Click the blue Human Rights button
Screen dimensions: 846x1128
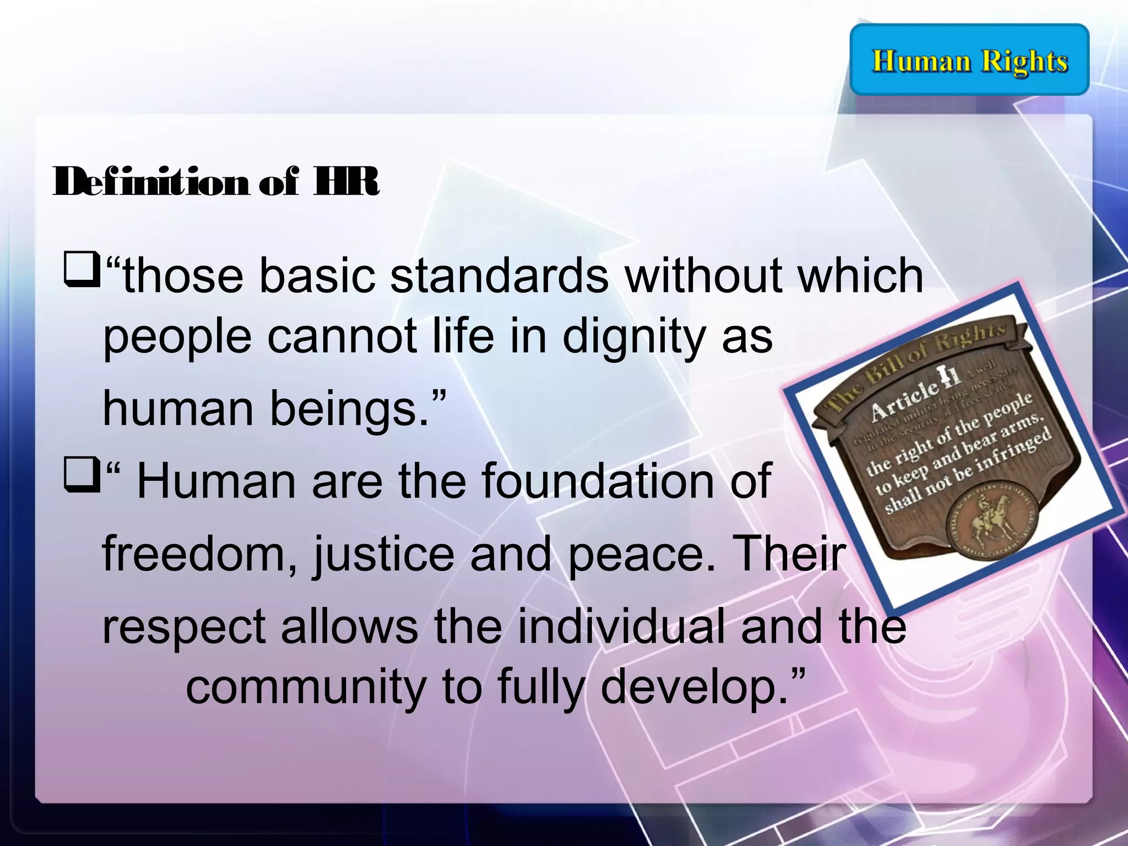pyautogui.click(x=969, y=59)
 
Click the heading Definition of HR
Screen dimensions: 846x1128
pyautogui.click(x=216, y=182)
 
